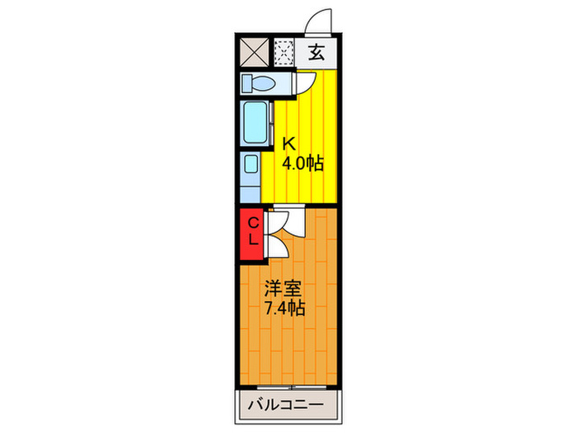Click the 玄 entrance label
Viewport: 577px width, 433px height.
click(x=317, y=54)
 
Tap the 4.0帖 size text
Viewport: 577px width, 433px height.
click(x=303, y=163)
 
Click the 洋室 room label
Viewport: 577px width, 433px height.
click(x=284, y=289)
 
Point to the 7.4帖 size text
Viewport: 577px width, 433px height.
click(x=285, y=309)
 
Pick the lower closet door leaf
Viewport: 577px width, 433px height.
click(x=275, y=245)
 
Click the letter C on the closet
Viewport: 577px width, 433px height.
click(x=253, y=223)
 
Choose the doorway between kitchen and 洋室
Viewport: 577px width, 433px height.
click(x=288, y=205)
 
